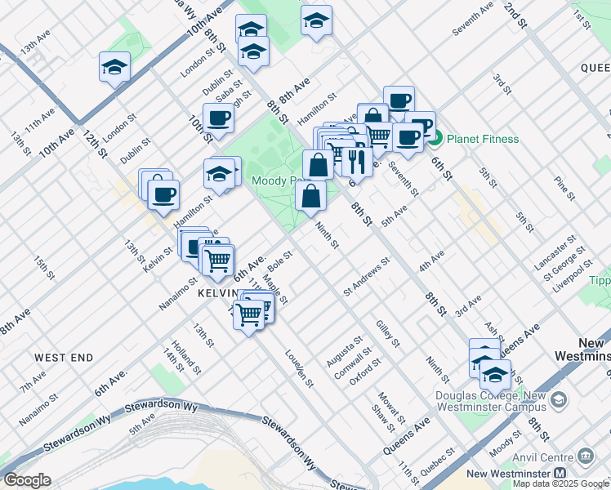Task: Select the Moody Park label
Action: pos(278,180)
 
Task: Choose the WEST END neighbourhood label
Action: pos(64,358)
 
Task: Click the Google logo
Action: pos(27,480)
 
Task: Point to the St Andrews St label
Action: pos(367,276)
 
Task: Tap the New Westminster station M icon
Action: pos(560,474)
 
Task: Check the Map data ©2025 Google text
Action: pos(560,483)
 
